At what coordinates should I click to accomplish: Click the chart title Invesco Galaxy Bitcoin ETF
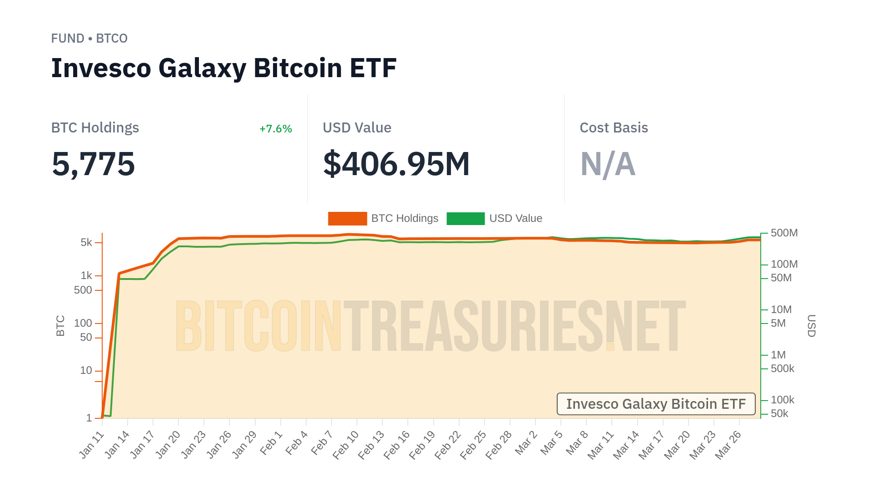click(x=224, y=68)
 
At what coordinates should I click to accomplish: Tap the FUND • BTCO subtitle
click(x=89, y=39)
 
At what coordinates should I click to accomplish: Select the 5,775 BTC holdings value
click(x=94, y=164)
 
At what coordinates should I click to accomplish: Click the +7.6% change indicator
click(x=276, y=129)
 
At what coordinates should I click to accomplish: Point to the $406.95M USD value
click(x=396, y=164)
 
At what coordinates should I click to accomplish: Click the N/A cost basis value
click(x=608, y=164)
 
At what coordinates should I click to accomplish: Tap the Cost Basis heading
click(x=614, y=128)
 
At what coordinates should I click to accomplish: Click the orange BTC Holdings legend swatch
click(x=347, y=219)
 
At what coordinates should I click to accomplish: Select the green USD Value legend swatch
click(x=466, y=219)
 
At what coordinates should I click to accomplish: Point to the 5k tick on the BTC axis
click(x=86, y=242)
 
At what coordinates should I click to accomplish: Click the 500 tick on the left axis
click(x=83, y=290)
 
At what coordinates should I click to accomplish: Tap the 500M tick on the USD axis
click(x=784, y=233)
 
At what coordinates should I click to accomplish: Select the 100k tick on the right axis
click(x=783, y=400)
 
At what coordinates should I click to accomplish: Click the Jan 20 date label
click(x=168, y=445)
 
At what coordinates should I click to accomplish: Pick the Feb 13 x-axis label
click(x=372, y=445)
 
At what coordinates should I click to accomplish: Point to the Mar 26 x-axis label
click(x=728, y=445)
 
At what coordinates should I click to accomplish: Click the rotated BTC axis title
click(x=60, y=326)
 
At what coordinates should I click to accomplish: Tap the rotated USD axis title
click(x=811, y=326)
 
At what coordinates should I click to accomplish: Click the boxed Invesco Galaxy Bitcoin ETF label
click(x=656, y=404)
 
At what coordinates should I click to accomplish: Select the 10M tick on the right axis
click(x=781, y=309)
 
